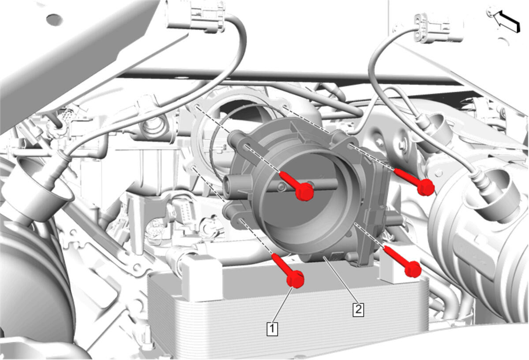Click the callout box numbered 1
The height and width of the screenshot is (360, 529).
pyautogui.click(x=273, y=329)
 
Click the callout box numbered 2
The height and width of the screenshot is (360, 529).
pyautogui.click(x=358, y=309)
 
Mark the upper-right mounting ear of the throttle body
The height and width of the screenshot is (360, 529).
pyautogui.click(x=345, y=139)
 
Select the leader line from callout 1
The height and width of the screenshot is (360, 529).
pyautogui.click(x=282, y=305)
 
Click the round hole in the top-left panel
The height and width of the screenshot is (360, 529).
pyautogui.click(x=54, y=19)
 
